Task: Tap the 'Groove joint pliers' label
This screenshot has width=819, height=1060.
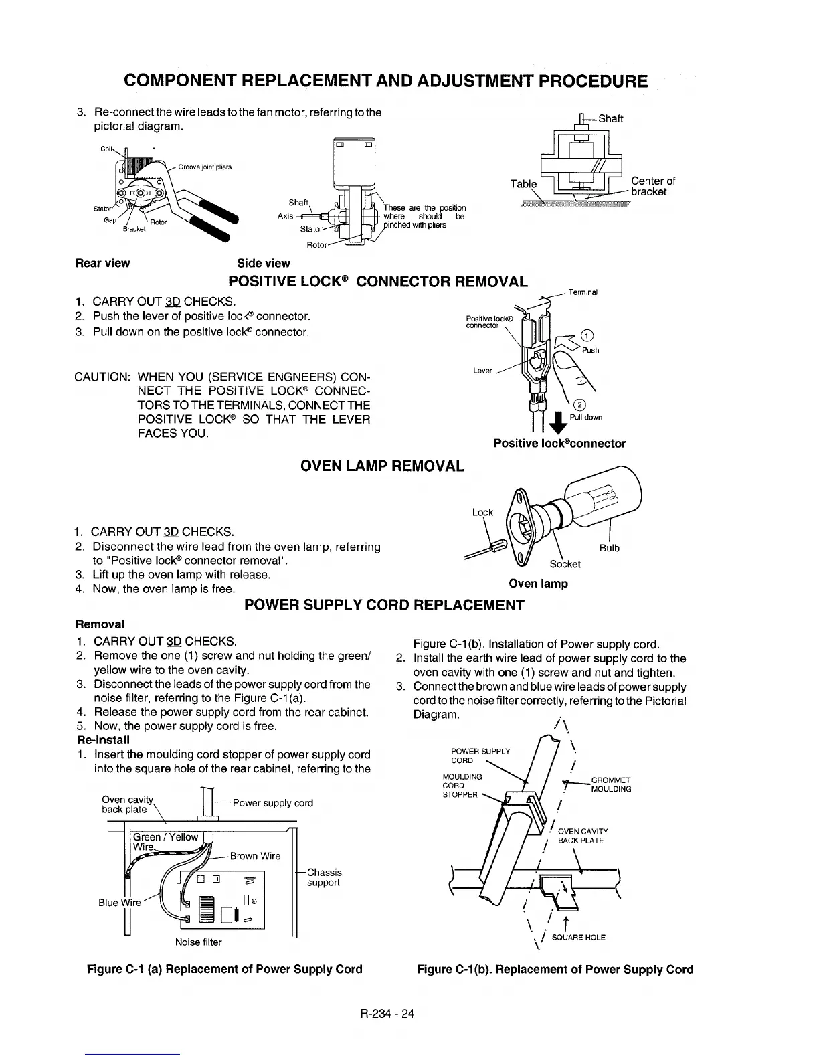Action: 205,167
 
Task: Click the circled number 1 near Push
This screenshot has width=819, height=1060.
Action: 586,336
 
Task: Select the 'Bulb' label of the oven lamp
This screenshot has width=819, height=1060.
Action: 609,548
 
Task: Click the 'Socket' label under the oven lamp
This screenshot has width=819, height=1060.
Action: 565,564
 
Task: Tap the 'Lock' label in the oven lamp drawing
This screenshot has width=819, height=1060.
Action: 482,513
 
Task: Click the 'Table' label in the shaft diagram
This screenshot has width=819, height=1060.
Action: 523,184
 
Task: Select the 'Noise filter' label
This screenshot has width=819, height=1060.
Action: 198,942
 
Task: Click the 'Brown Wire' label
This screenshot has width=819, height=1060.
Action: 255,856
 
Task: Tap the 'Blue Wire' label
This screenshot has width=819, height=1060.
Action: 120,902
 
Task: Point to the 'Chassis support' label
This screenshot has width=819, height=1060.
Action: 324,877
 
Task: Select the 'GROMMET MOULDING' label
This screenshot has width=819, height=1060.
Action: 611,784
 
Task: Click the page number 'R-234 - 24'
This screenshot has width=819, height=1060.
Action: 387,1013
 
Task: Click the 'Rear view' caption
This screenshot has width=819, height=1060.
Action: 103,263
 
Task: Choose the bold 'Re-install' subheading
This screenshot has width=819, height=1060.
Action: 104,740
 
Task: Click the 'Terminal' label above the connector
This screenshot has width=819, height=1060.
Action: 583,292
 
